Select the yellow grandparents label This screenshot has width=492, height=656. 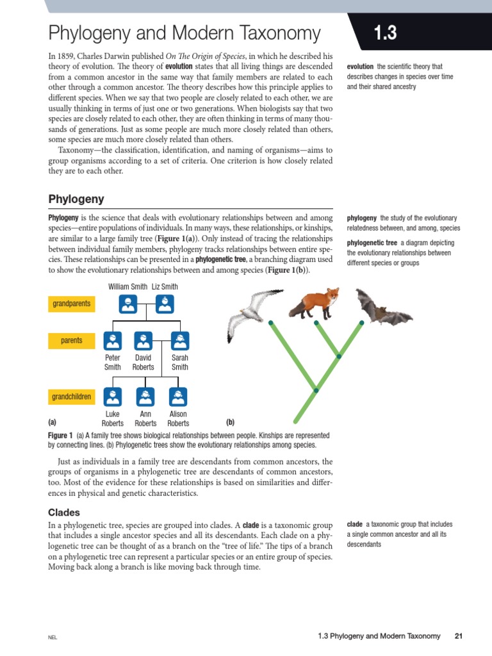coord(71,304)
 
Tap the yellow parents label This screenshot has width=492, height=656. coord(71,340)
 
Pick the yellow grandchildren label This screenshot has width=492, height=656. coord(71,397)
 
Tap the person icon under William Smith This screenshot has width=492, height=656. coord(128,303)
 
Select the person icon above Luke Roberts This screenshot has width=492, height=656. coord(113,397)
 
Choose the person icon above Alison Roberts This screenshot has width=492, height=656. coord(177,397)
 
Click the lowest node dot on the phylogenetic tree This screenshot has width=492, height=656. coord(316,389)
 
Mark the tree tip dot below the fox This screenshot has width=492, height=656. coord(316,322)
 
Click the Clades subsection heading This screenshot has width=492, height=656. coord(65,512)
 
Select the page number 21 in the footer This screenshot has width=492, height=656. coord(458,636)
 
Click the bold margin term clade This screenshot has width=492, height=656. coord(355,523)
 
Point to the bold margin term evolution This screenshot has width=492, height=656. coord(361,66)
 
